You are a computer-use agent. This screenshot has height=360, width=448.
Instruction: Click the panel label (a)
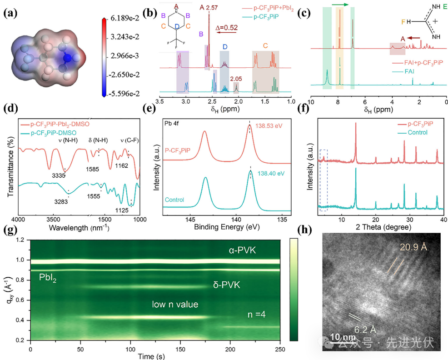(10, 13)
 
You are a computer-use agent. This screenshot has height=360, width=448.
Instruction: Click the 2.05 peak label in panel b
(236, 79)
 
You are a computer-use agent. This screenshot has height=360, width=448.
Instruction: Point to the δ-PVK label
(227, 285)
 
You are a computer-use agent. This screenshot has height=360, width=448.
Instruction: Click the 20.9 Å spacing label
(414, 247)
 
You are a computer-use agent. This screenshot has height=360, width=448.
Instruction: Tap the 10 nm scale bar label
(340, 337)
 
